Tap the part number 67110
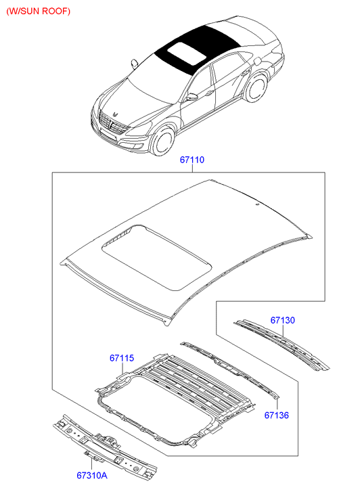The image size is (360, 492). pos(192,160)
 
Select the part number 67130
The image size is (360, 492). pos(283,319)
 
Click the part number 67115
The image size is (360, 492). pos(122,357)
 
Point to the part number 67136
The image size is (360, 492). pos(277,414)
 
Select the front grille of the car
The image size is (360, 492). pos(112,126)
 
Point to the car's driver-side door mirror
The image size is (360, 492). pos(193,97)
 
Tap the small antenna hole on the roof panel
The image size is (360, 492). pos(258,203)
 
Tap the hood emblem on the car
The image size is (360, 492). pos(115,112)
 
